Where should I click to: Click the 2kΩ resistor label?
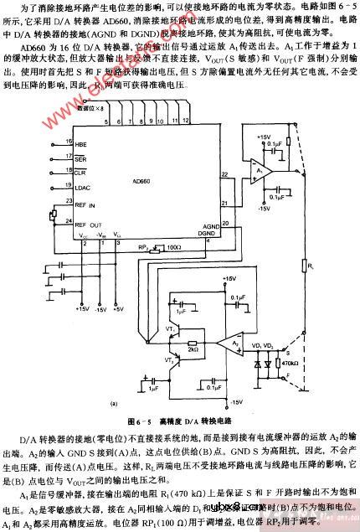click(x=192, y=350)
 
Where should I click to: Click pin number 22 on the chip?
click(x=224, y=174)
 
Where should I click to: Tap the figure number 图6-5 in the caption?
click(x=140, y=421)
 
